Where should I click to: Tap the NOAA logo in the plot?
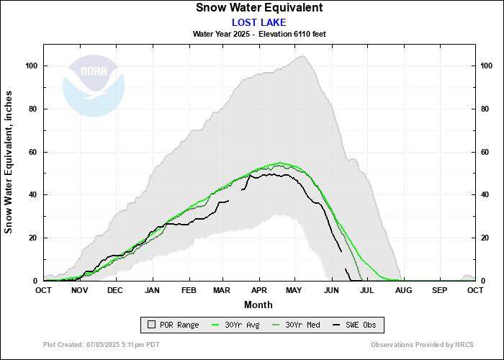94,86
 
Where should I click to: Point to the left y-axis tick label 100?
32,66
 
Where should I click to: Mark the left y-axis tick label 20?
34,238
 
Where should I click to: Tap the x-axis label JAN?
152,290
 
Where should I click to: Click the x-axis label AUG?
402,290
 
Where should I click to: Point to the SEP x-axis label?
438,290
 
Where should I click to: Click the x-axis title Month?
258,304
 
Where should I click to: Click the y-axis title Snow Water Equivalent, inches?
9,162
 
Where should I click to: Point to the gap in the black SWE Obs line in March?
235,195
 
